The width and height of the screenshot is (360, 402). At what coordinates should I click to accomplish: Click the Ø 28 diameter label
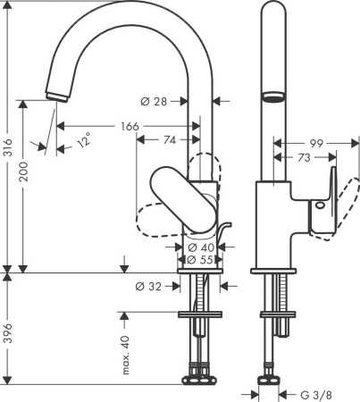pyautogui.click(x=158, y=101)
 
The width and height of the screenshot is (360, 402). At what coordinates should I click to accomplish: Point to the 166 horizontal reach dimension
pyautogui.click(x=130, y=128)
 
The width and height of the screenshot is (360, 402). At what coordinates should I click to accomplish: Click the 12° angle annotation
pyautogui.click(x=83, y=141)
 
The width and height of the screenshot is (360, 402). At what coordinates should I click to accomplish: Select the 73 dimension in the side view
pyautogui.click(x=305, y=157)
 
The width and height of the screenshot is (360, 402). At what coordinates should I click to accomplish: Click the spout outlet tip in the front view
pyautogui.click(x=55, y=92)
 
